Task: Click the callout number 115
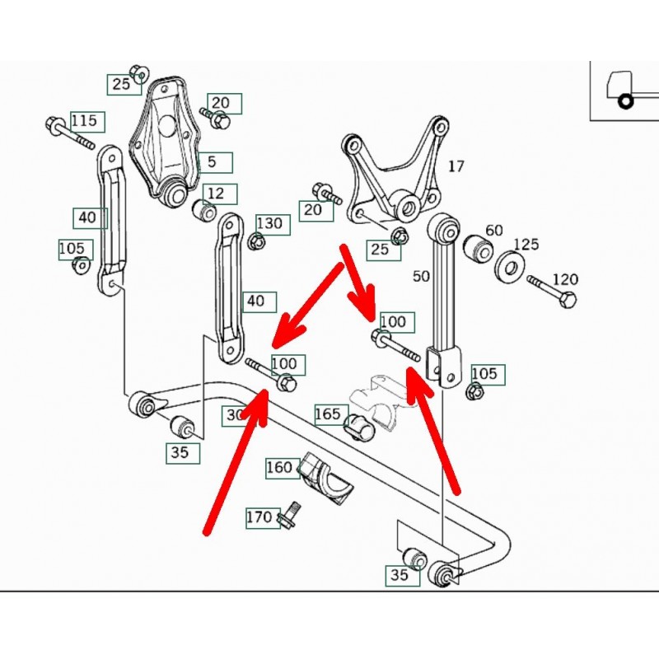coord(83,121)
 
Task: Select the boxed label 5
coord(212,161)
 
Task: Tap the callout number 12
coord(215,194)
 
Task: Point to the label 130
coord(269,223)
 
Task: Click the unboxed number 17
coord(456,166)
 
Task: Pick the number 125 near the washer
coord(526,245)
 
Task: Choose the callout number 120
coord(565,280)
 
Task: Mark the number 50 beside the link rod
coord(421,276)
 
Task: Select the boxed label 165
coord(328,414)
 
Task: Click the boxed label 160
coord(279,468)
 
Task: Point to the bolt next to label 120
coord(552,291)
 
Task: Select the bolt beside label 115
coord(70,134)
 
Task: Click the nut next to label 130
coord(256,241)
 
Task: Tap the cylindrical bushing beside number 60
coord(476,247)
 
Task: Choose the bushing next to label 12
coord(203,212)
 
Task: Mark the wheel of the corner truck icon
coord(625,101)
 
